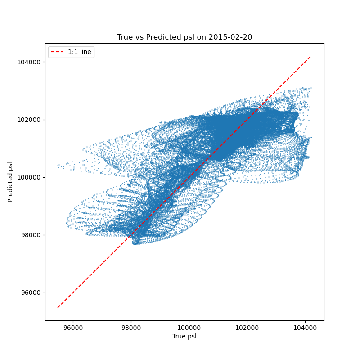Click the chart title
[184, 37]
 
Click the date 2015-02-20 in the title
[230, 37]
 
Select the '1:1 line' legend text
[80, 52]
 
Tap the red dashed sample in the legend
[58, 52]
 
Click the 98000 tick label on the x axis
[131, 328]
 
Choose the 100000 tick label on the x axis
[189, 328]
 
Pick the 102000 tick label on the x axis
[247, 328]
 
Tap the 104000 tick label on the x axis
[305, 328]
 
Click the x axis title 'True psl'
[184, 336]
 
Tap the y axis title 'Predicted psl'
[10, 182]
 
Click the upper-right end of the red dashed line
[311, 57]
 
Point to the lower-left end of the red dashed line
[58, 308]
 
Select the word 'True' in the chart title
[125, 37]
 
